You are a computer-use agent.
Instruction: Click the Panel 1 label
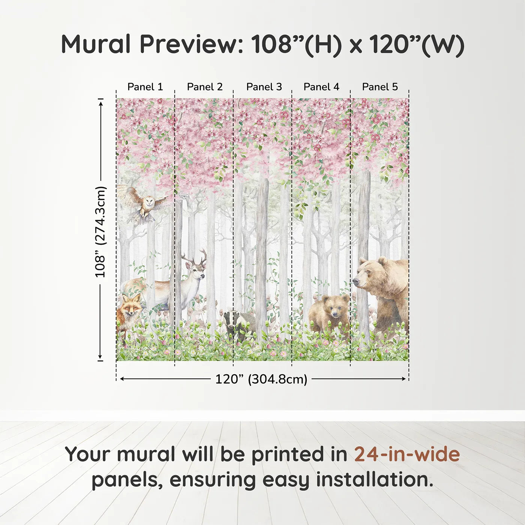pos(145,87)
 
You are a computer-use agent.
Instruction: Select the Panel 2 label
pos(205,87)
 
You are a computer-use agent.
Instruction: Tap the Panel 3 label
pos(264,87)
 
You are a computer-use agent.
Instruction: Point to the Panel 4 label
pos(321,87)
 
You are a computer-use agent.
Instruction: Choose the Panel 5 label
pos(380,87)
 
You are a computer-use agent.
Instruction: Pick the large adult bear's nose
pos(355,281)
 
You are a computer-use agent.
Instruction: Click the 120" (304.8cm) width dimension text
pos(261,379)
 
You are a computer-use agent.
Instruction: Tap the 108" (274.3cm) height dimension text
pos(100,232)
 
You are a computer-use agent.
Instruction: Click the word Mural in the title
pos(96,45)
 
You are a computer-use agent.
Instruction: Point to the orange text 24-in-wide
pos(407,454)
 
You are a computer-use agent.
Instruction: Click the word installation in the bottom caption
pos(374,480)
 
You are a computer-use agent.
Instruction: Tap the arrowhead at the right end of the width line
pos(404,379)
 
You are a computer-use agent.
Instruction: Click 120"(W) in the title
pos(416,45)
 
